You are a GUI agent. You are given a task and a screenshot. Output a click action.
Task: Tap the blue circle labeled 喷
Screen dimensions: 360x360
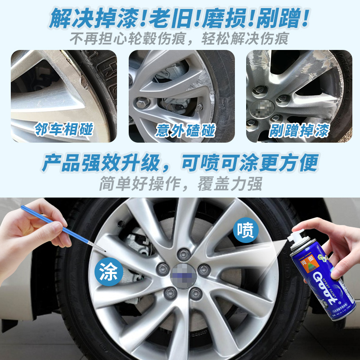246,231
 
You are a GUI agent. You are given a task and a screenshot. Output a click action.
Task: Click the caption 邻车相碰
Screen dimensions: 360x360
63,129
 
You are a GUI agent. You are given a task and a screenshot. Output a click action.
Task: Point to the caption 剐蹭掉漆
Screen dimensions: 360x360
299,130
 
